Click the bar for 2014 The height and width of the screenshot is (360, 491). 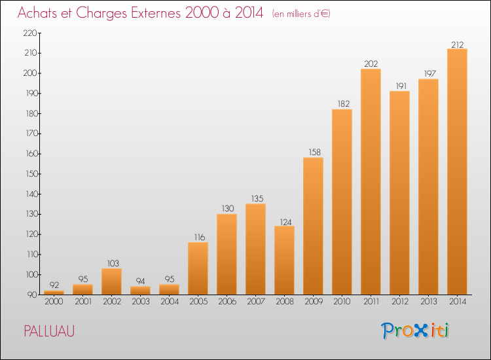point(457,171)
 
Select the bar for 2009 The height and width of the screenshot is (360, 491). point(313,226)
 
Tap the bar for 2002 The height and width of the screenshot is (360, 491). point(111,281)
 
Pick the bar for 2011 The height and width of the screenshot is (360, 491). point(371,181)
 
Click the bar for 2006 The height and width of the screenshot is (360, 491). point(227,254)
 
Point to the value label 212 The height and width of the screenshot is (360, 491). point(458,45)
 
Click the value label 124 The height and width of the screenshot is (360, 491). point(285,223)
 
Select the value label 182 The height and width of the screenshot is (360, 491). point(344,103)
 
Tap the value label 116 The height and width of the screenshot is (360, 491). point(200,238)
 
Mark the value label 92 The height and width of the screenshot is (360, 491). point(54,285)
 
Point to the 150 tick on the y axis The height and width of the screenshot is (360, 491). point(31,173)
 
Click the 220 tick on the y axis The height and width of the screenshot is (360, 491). point(30,33)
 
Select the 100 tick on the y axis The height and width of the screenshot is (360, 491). point(31,274)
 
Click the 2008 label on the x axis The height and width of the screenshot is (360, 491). point(285,301)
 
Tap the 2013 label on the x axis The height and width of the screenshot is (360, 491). point(429,301)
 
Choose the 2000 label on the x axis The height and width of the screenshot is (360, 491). point(54,301)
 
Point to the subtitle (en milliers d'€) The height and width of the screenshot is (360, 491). point(301,14)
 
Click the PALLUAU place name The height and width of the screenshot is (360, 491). point(49,331)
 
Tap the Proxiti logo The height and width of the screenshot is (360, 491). point(415,331)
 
